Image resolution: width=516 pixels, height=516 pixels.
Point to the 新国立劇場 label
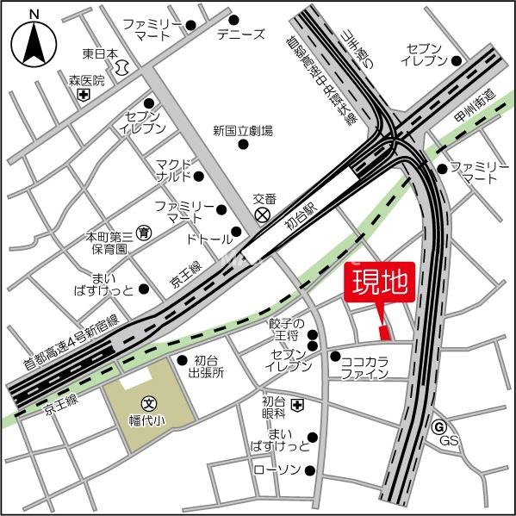(x=243, y=131)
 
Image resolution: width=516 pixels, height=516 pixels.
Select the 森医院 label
(x=86, y=81)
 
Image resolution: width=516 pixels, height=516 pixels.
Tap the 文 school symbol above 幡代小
(x=148, y=402)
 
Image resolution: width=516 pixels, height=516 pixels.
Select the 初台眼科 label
(x=274, y=407)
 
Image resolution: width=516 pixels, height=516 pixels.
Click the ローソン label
(x=277, y=469)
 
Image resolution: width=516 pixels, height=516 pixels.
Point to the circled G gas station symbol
(x=438, y=426)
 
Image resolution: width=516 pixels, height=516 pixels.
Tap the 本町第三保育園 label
(x=109, y=242)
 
